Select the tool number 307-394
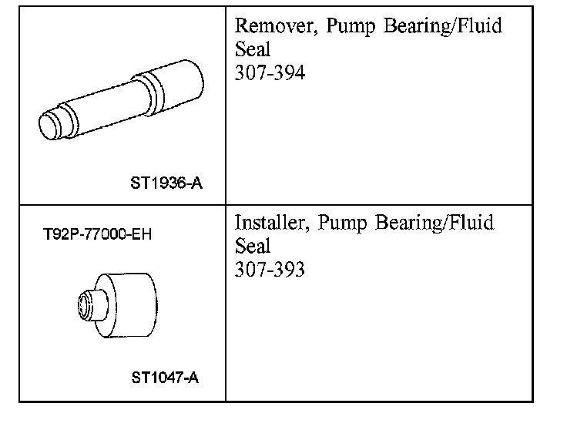[270, 72]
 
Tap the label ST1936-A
[166, 183]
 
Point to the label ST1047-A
[165, 378]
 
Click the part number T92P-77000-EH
[97, 234]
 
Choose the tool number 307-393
[270, 269]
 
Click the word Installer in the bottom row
[272, 222]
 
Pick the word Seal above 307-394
[253, 49]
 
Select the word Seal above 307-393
[253, 246]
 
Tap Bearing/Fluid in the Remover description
[443, 26]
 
